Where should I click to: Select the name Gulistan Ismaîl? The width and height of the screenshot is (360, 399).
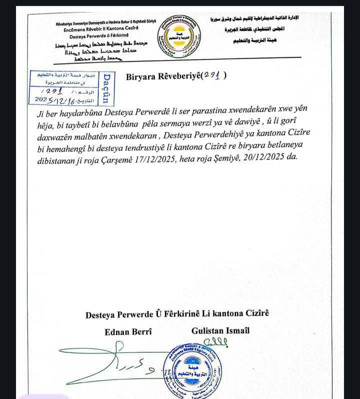point(220,330)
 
